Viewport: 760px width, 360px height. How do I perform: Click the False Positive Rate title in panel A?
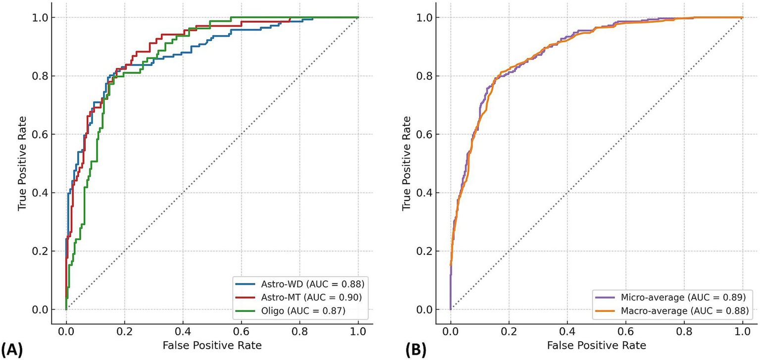pos(212,344)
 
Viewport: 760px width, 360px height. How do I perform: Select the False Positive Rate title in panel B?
pos(597,344)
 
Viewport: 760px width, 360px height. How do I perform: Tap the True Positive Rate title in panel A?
pos(22,163)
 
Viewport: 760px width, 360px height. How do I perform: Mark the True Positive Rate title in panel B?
pos(406,163)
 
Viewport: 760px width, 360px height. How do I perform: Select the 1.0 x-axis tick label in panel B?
pos(742,329)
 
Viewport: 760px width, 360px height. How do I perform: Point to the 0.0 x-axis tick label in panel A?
pos(66,329)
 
